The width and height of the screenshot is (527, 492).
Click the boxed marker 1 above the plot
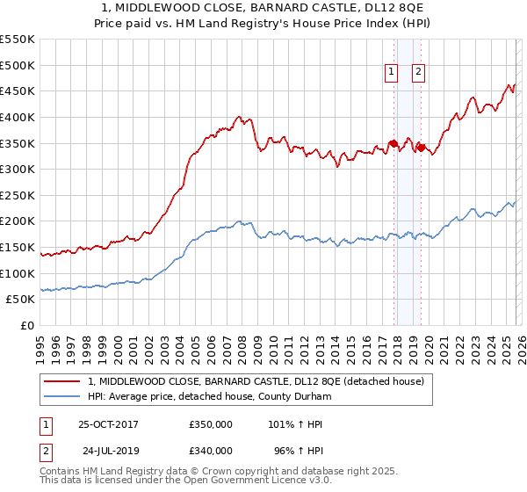click(x=391, y=73)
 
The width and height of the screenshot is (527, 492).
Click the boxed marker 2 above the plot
click(x=418, y=73)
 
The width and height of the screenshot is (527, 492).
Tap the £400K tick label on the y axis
click(x=18, y=117)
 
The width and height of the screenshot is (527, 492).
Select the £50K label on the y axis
click(x=22, y=300)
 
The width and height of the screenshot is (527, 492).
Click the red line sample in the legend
click(x=62, y=381)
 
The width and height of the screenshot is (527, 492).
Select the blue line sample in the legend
click(x=62, y=397)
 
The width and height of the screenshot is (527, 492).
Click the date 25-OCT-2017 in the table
click(x=108, y=424)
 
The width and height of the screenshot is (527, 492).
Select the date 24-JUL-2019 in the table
click(x=109, y=452)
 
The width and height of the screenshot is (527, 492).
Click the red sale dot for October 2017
click(x=393, y=143)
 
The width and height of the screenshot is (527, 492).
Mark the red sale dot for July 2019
click(x=421, y=148)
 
